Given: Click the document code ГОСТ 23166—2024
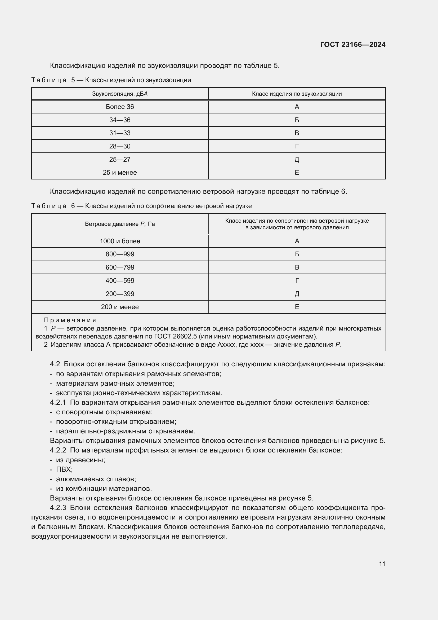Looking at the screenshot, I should [x=352, y=45].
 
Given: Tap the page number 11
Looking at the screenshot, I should [x=382, y=564].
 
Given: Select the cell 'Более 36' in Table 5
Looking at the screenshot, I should [x=120, y=107].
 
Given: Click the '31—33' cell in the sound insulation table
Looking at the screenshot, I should [x=120, y=133].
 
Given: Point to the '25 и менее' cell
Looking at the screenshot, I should [x=120, y=172].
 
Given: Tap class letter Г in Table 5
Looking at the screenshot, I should [x=297, y=146].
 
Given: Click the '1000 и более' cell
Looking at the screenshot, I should [x=120, y=241].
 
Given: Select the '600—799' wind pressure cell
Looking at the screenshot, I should [x=120, y=267].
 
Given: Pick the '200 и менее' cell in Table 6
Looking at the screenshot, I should [x=120, y=307].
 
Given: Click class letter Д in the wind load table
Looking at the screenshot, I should [x=297, y=294].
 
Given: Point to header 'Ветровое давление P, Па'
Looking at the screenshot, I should [x=120, y=224].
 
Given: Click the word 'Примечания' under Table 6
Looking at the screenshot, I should [x=70, y=320].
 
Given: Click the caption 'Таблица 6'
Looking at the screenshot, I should [x=53, y=206].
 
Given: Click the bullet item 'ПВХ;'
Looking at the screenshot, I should [x=64, y=469].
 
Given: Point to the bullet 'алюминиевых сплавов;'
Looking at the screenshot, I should [x=96, y=479].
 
